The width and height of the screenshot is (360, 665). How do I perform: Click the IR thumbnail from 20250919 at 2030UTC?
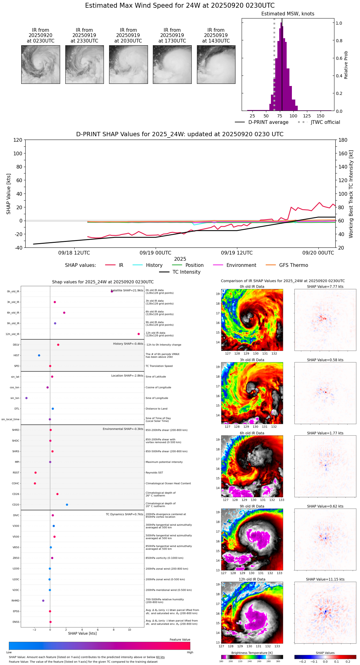click(128, 64)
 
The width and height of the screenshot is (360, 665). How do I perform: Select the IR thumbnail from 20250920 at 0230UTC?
click(41, 64)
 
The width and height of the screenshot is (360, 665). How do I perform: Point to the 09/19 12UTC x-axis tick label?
click(237, 253)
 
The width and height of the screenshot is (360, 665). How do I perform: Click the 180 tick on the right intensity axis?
click(343, 140)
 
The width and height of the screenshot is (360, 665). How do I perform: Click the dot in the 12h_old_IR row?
click(139, 334)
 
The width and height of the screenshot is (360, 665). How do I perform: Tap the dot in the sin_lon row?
click(27, 398)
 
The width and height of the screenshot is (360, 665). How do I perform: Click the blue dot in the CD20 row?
click(67, 505)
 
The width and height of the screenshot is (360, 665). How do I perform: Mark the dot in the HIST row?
click(39, 355)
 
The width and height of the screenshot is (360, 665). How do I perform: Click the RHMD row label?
click(15, 601)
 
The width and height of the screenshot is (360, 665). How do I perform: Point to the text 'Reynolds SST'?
click(154, 473)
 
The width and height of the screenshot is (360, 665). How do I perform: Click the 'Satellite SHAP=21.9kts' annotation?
click(127, 291)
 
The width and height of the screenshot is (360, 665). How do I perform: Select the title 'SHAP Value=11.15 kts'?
click(325, 579)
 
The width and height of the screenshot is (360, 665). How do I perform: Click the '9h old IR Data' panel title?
click(252, 506)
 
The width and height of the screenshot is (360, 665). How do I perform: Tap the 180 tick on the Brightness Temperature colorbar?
click(221, 661)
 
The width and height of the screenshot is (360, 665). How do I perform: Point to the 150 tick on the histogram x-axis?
click(321, 116)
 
